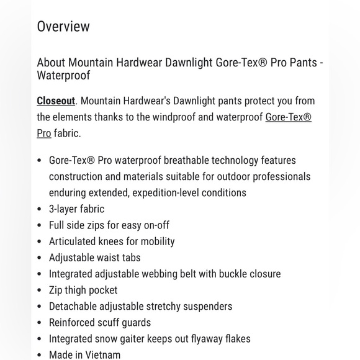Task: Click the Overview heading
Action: (63, 27)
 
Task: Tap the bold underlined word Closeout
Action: (56, 101)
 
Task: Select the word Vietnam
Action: (101, 355)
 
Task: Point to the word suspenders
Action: (207, 307)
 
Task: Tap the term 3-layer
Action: (63, 209)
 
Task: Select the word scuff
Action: (113, 323)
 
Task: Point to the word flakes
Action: (235, 339)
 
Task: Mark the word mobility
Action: (154, 241)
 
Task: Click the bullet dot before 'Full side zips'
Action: (40, 226)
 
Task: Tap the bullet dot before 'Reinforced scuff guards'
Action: (40, 323)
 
